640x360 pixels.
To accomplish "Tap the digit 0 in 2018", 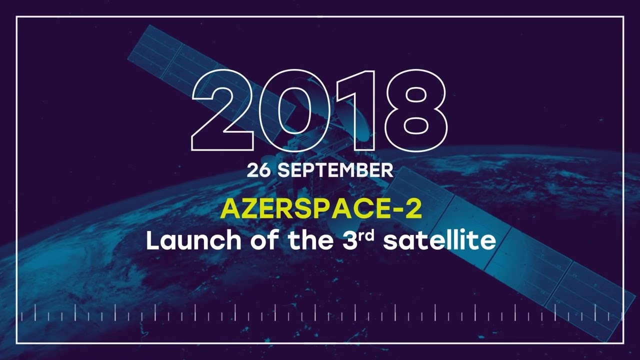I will click(290, 111).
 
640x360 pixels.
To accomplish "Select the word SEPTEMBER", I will click(335, 170).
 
